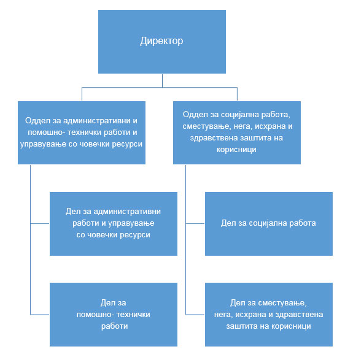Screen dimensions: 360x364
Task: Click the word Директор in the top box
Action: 161,42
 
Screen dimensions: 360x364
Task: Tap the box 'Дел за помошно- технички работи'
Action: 113,314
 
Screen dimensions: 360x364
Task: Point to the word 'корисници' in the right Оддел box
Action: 236,149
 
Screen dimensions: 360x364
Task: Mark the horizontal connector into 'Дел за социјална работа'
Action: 195,223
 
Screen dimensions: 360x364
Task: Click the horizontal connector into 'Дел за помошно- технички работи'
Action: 40,314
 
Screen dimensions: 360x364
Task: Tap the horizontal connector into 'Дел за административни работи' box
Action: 40,223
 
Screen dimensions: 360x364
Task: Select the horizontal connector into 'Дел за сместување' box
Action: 195,314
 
